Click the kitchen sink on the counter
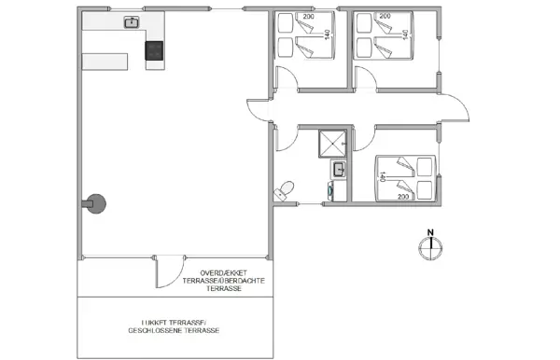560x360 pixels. pyautogui.click(x=132, y=23)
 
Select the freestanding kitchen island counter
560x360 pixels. pyautogui.click(x=105, y=62)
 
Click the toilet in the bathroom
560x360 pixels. pyautogui.click(x=286, y=190)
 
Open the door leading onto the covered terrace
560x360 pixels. pyautogui.click(x=164, y=275)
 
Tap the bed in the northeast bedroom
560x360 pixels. pyautogui.click(x=385, y=35)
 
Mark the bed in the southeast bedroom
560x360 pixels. pyautogui.click(x=405, y=177)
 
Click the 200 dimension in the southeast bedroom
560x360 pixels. pyautogui.click(x=404, y=198)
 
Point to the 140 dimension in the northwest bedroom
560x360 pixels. pyautogui.click(x=327, y=35)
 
